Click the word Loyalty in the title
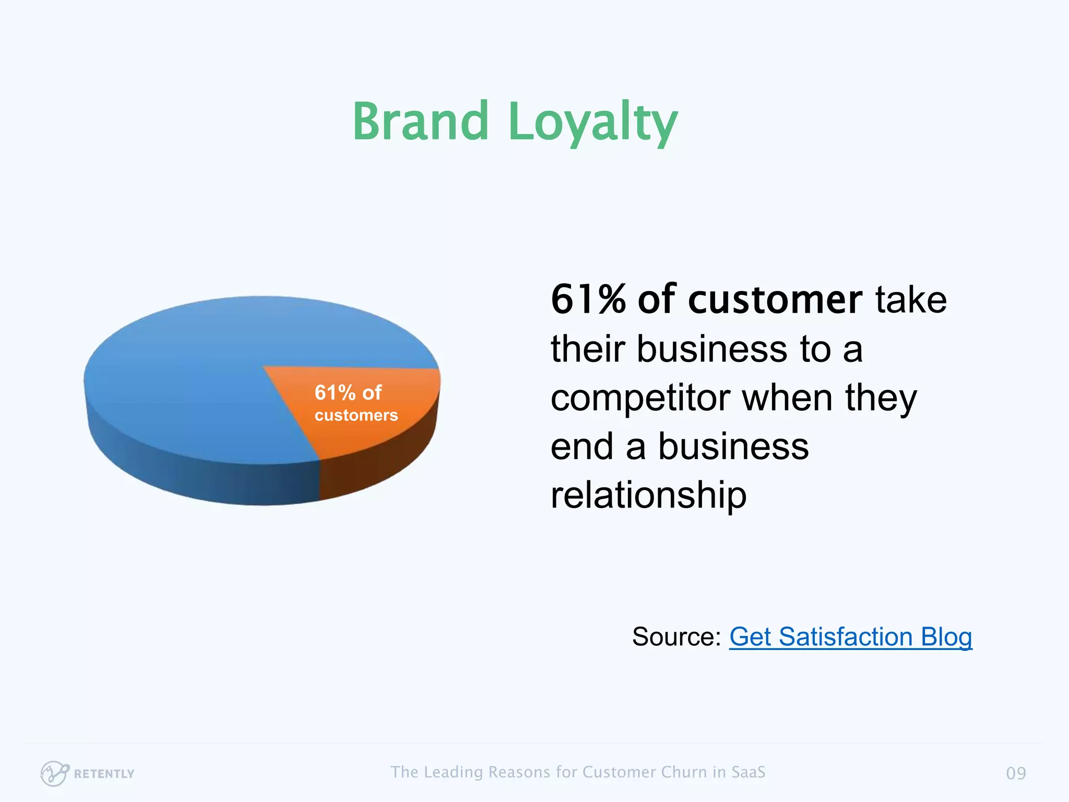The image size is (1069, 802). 592,123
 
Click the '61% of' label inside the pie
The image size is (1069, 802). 348,393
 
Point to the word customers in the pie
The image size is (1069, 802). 356,415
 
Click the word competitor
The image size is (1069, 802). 640,398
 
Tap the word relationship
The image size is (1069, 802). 648,495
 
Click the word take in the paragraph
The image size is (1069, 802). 911,300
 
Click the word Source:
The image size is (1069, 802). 676,636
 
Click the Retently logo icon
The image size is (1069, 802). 54,773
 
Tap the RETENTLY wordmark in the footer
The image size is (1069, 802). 104,774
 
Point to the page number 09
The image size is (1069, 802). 1016,773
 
